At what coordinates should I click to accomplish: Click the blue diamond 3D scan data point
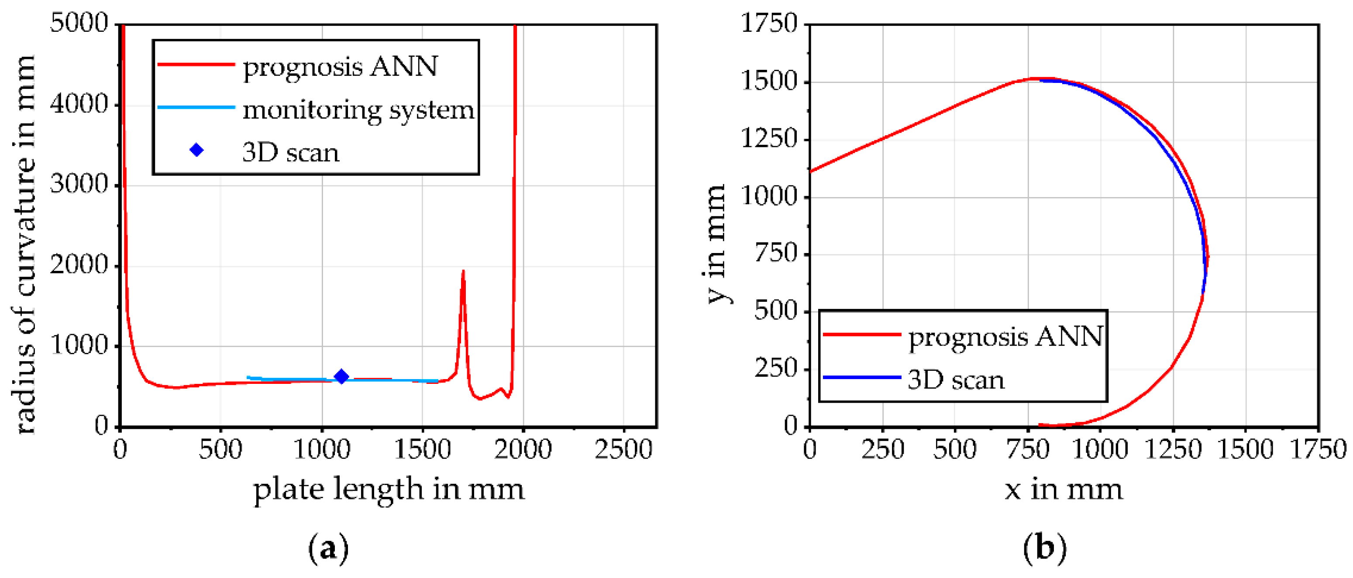tap(341, 376)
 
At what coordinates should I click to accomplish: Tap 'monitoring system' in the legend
tap(358, 110)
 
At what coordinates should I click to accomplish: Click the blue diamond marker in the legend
tap(196, 150)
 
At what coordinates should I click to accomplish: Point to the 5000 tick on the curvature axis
tap(79, 24)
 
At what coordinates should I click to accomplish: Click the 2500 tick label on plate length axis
tap(623, 449)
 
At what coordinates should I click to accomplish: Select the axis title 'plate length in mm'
tap(389, 489)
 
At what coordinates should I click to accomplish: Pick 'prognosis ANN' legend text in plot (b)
tap(1005, 336)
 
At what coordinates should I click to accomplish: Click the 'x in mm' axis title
tap(1064, 489)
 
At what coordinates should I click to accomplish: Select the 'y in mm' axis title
tap(716, 244)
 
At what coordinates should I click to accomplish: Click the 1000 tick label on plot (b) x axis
tap(1099, 449)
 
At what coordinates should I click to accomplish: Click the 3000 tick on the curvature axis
tap(79, 185)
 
